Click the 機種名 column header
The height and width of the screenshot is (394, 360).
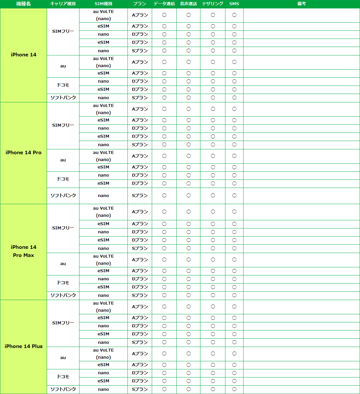(23, 4)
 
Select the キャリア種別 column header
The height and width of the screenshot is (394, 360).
(63, 4)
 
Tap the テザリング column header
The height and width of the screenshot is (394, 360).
(213, 4)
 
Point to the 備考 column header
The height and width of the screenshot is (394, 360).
(302, 4)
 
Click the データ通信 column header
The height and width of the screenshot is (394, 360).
(164, 4)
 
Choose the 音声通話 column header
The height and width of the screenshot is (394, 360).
(188, 4)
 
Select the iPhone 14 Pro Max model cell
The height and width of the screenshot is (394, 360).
(23, 251)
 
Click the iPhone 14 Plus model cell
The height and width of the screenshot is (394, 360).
(23, 346)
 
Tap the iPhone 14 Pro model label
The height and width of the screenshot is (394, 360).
(23, 153)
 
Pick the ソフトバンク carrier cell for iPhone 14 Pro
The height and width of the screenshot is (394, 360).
(63, 196)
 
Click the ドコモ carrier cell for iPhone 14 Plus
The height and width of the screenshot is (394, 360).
(63, 377)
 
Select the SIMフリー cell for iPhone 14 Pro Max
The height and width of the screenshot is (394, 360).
(63, 228)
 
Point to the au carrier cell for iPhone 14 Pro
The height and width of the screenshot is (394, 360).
(63, 160)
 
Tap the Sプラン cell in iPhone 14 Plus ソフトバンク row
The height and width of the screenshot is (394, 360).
(140, 389)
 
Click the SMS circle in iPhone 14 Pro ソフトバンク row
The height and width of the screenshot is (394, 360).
(234, 195)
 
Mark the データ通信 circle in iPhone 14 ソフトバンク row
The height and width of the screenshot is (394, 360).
(164, 98)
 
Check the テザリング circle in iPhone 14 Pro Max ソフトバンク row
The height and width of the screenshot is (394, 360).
(213, 295)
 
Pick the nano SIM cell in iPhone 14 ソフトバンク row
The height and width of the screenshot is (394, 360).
(103, 98)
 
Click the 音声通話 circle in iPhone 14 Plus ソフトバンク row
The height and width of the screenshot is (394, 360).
(188, 389)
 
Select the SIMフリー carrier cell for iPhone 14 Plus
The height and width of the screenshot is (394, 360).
(63, 323)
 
